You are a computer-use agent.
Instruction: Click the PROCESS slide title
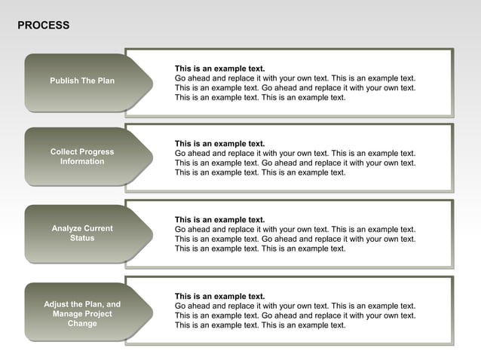(43, 26)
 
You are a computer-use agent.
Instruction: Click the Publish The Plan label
(82, 81)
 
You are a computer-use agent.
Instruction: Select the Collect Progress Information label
(82, 157)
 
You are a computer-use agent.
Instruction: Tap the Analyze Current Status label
(82, 233)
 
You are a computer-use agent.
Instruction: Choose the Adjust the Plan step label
(82, 313)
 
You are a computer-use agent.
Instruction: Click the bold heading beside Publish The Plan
(219, 69)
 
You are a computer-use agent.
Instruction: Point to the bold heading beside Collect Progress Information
(219, 143)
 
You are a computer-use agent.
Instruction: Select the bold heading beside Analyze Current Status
(219, 220)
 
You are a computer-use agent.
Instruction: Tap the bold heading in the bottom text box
(219, 296)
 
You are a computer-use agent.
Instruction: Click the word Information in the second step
(82, 162)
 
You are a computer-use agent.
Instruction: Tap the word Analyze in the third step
(66, 228)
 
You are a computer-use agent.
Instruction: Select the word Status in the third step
(82, 238)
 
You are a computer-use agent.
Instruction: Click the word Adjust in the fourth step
(57, 304)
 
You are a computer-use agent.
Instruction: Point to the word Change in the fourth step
(82, 324)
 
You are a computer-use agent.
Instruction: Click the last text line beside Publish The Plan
(260, 97)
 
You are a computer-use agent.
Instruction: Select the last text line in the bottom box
(260, 325)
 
